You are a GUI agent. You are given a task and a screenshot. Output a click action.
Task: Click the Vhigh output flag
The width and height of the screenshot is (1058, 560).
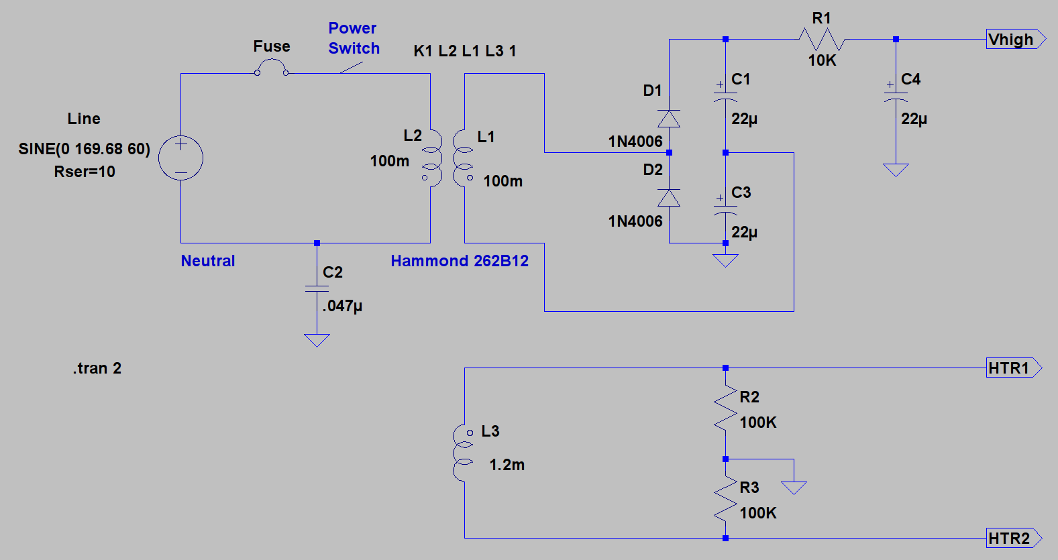tap(1016, 39)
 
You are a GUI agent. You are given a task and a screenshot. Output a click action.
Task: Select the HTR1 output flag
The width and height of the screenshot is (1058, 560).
tap(1014, 368)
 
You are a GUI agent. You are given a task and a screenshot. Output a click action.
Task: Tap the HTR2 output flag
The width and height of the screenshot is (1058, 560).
tap(1014, 538)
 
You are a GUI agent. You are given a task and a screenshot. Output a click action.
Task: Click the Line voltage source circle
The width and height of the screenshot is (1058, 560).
tap(181, 136)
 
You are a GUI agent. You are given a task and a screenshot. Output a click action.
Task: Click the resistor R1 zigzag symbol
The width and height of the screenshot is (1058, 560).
tap(822, 39)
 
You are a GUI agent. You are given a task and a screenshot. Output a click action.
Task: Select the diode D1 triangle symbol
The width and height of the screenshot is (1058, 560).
tap(669, 119)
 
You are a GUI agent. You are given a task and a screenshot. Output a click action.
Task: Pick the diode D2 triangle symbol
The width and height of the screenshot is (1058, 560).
tap(669, 198)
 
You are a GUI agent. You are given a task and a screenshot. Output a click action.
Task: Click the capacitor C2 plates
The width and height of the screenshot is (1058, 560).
tap(317, 288)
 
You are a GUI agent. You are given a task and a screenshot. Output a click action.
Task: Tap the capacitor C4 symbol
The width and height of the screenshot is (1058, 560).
tap(896, 97)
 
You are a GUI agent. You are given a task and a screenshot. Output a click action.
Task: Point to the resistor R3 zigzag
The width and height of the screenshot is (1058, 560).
tap(725, 498)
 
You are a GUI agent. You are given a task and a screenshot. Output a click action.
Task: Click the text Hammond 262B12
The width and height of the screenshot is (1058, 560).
tap(460, 261)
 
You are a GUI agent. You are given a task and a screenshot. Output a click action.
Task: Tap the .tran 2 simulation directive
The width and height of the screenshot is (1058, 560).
tap(97, 368)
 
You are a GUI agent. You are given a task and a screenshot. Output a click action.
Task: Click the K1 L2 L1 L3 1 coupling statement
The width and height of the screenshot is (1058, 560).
tap(465, 50)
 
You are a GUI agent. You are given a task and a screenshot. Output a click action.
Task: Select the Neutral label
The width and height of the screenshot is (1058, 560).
tap(208, 261)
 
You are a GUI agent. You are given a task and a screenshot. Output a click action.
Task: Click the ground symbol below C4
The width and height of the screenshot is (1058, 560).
tap(896, 170)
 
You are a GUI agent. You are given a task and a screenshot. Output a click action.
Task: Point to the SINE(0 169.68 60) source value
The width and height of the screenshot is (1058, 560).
tap(85, 149)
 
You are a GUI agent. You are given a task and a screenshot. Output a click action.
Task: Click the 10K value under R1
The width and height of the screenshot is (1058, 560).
tap(823, 60)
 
